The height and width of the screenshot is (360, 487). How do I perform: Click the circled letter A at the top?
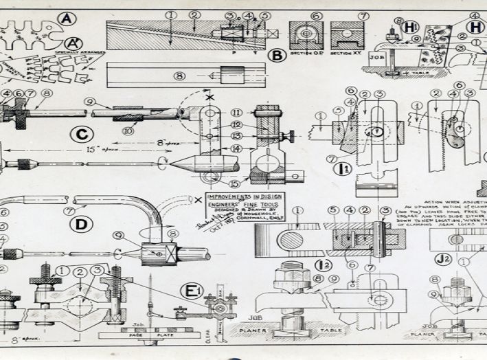click(67, 19)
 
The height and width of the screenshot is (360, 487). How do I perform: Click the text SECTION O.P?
click(305, 52)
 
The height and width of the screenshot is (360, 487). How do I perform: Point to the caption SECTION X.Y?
click(346, 52)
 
